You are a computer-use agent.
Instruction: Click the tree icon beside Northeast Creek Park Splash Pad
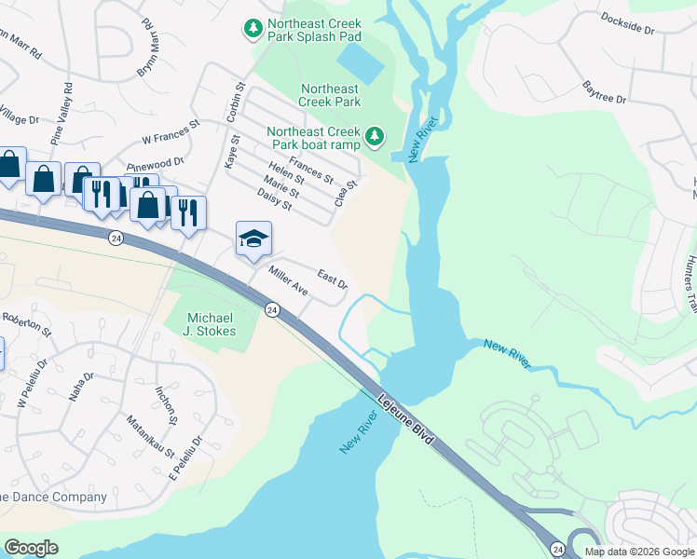coord(253,30)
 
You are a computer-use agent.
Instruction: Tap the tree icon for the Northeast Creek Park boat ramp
coord(375,138)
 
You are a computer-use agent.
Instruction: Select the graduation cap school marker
coord(253,239)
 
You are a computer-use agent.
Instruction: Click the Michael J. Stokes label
coord(212,324)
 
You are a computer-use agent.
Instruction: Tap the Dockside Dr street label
coord(627,23)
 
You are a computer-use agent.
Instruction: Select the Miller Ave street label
coord(288,280)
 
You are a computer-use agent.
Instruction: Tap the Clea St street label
coord(346,193)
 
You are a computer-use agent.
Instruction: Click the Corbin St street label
coord(235,102)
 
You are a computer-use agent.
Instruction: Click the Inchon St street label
coord(166,403)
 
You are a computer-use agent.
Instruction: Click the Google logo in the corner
coord(31,548)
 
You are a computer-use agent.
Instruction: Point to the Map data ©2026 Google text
coord(639,552)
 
